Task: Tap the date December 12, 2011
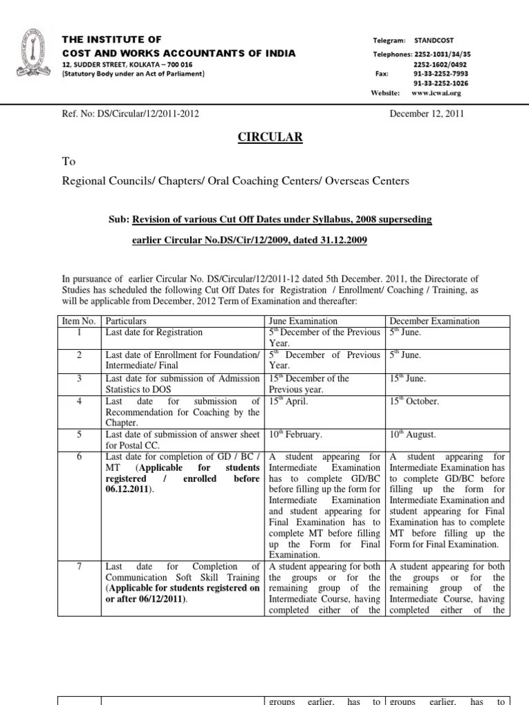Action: (x=426, y=114)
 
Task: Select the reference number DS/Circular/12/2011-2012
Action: (x=130, y=114)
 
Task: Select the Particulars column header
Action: (x=125, y=322)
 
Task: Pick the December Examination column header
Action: (x=435, y=322)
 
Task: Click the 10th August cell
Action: (x=413, y=434)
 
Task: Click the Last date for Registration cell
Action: (x=154, y=333)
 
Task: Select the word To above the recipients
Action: (x=69, y=162)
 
